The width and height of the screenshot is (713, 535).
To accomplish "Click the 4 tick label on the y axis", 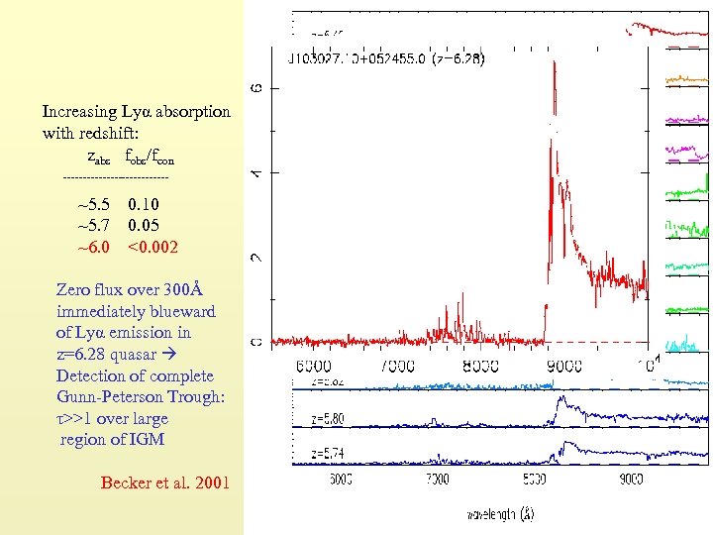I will pos(256,172).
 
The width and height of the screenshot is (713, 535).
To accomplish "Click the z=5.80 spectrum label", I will pos(328,419).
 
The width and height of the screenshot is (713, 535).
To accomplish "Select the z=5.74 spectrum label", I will pos(328,454).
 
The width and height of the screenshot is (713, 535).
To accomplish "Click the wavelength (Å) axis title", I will pos(503,514).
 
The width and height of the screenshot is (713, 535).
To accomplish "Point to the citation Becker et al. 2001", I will pos(164,482).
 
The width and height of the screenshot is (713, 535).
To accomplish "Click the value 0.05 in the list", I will pos(144,226).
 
